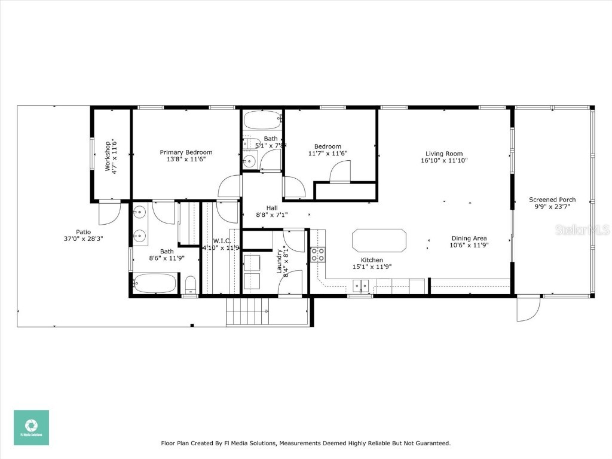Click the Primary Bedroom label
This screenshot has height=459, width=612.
[186, 152]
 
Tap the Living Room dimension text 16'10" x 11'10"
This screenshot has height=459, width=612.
[443, 160]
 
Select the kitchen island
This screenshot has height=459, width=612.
[380, 240]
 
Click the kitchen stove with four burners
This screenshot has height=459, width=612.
[317, 255]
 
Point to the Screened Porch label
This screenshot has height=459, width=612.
[552, 200]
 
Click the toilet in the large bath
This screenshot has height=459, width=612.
[189, 284]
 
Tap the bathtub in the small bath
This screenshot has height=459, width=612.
[263, 120]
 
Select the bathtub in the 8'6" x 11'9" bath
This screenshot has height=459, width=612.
[155, 283]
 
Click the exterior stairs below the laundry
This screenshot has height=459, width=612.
[247, 311]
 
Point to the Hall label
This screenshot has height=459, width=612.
[272, 207]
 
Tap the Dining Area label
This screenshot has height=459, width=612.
[469, 238]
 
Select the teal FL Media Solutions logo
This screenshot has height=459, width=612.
[32, 427]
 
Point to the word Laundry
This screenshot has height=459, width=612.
[279, 261]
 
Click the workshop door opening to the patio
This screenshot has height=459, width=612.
[109, 210]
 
